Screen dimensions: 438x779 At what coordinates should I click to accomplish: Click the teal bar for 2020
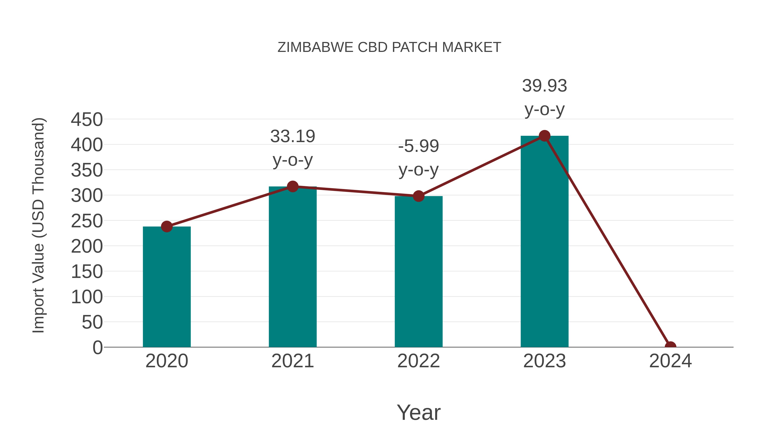(x=167, y=287)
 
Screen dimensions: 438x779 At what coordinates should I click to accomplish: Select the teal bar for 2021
(x=292, y=268)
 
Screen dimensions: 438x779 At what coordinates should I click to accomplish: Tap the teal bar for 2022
(x=418, y=272)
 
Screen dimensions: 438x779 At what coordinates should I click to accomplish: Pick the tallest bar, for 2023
(x=544, y=242)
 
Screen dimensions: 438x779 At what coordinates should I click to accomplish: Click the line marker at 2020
(x=167, y=226)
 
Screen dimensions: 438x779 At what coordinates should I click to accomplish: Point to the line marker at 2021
(x=292, y=186)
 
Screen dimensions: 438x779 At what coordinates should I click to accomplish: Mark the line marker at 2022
(x=418, y=196)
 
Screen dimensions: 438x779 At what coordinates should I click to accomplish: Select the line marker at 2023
(x=544, y=136)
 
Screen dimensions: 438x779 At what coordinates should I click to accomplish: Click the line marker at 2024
(x=670, y=347)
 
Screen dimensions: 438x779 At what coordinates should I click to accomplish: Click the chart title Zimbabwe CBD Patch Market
(x=389, y=47)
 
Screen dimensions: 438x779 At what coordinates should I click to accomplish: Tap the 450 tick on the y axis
(x=87, y=119)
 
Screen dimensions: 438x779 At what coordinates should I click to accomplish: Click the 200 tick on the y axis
(x=87, y=246)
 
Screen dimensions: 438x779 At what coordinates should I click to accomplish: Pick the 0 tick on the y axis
(x=98, y=347)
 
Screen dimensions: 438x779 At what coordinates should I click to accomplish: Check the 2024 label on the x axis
(x=670, y=361)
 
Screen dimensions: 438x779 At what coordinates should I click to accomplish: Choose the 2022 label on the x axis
(x=418, y=361)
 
